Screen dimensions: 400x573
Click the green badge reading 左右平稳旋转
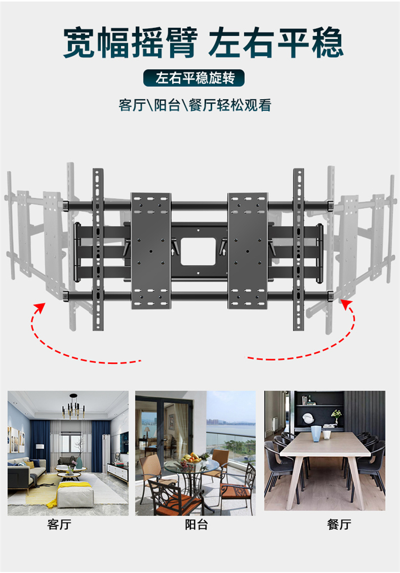click(x=194, y=78)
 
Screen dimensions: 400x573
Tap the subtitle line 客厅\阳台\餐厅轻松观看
click(x=195, y=105)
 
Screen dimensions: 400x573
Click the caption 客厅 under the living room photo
click(x=59, y=524)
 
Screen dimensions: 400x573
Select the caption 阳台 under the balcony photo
click(x=196, y=524)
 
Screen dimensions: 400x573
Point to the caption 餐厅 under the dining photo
click(x=339, y=524)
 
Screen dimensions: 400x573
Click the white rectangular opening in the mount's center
click(x=199, y=251)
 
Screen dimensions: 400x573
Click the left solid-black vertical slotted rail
click(x=98, y=249)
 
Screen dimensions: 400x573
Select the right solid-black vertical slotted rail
click(x=299, y=249)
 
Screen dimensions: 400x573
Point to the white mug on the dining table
click(x=326, y=435)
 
